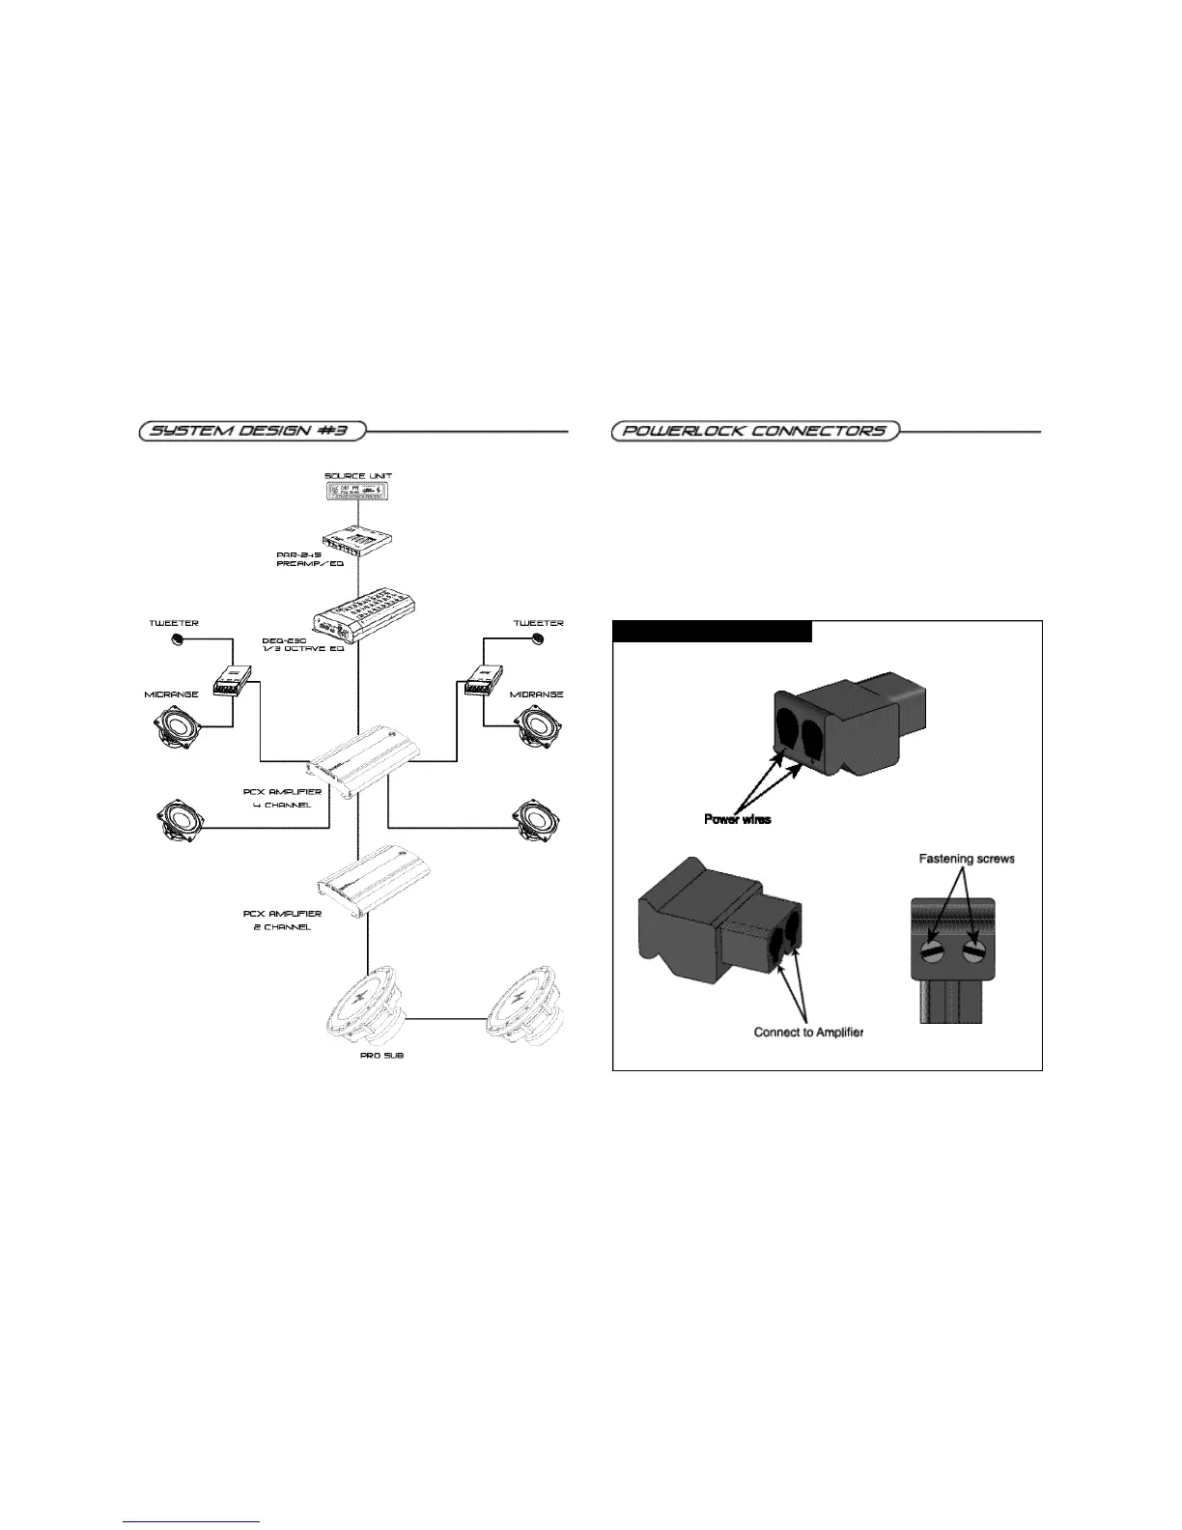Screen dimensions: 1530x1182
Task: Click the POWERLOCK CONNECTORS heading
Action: [754, 431]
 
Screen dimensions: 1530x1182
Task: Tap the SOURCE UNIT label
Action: [358, 475]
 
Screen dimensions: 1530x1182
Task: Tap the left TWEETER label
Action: [174, 623]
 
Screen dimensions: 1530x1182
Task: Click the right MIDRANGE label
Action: [536, 694]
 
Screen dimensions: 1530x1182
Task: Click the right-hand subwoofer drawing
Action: [527, 1009]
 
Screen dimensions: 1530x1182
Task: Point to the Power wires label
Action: [737, 818]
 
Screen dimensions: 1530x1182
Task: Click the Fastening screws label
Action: [966, 858]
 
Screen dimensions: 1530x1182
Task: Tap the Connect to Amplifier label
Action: [808, 1032]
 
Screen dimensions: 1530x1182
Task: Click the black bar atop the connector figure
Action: [713, 632]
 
